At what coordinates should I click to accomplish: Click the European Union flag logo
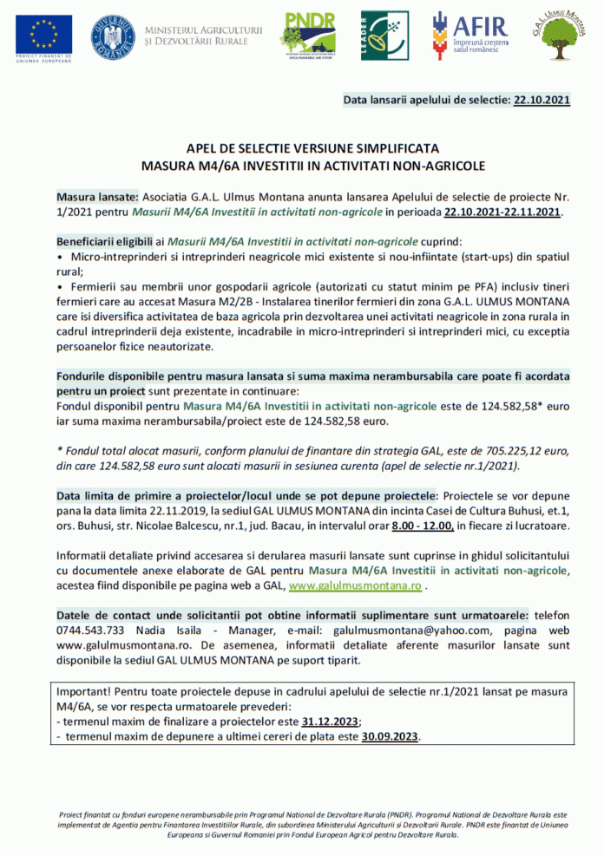click(37, 32)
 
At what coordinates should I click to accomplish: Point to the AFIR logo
click(476, 35)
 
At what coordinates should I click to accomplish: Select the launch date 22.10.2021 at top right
click(542, 101)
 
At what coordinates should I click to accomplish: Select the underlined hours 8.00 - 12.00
click(423, 526)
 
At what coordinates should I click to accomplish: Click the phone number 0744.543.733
click(90, 631)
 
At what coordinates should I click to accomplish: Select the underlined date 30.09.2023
click(391, 736)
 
